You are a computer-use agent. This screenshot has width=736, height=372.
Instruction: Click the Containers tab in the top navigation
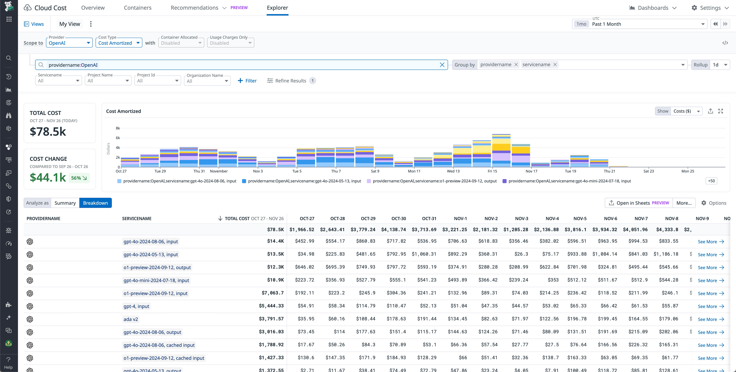coord(137,8)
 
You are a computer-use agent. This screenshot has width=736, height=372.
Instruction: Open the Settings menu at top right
coord(710,8)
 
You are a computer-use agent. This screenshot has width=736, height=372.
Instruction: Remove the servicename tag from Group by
coord(555,65)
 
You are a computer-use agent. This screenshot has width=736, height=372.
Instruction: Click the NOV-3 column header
coord(521,219)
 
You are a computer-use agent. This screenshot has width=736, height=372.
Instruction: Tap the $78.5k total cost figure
coord(48,131)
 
